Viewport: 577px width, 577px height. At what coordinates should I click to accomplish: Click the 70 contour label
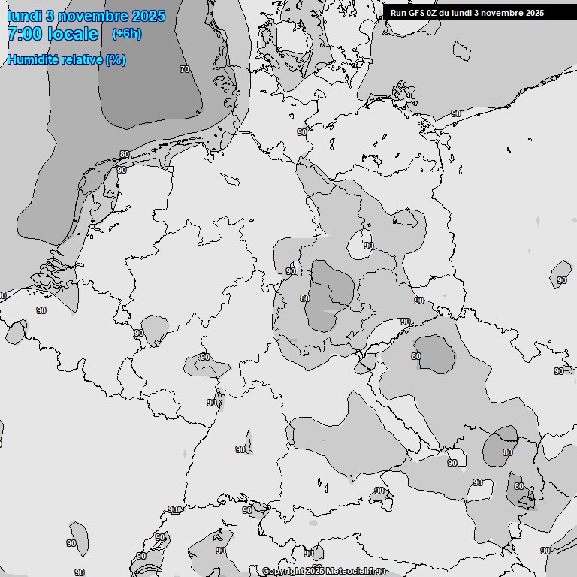pos(185,69)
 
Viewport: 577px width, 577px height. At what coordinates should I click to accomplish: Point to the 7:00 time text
pos(23,34)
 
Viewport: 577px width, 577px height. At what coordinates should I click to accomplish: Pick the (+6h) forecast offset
pos(126,34)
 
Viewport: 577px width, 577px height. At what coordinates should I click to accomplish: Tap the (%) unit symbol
pos(116,59)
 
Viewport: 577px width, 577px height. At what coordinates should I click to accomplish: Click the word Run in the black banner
pos(398,13)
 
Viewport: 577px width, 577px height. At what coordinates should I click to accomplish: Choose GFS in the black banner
pos(417,13)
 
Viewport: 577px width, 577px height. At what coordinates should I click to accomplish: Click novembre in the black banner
pos(504,13)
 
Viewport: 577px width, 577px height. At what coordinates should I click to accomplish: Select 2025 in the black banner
pos(535,13)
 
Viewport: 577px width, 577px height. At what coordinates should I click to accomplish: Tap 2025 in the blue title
pos(149,16)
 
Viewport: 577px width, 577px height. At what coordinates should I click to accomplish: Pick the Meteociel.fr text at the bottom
pos(351,572)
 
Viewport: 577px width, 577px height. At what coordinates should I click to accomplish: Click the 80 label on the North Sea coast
pos(124,155)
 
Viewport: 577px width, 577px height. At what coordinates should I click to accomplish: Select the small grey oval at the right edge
pos(560,273)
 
